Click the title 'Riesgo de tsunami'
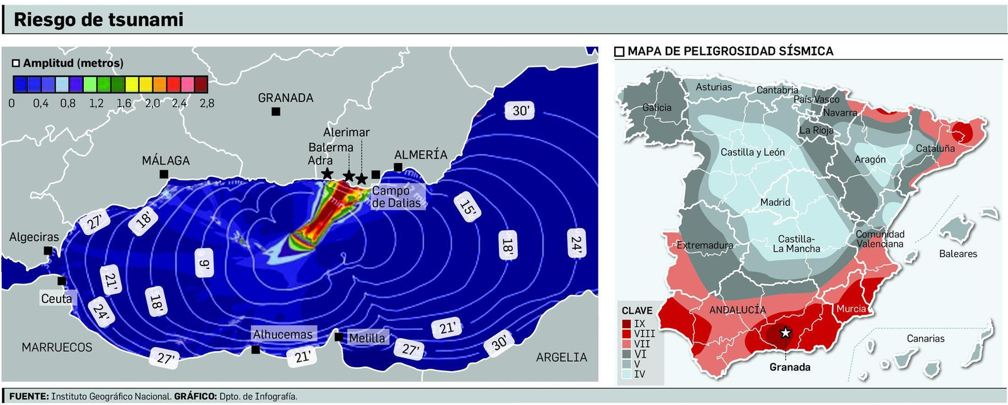point(98,20)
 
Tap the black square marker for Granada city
point(276,111)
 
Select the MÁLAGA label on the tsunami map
point(166,161)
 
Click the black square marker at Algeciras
point(48,251)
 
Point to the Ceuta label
point(57,299)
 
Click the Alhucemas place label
point(283,334)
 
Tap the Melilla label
point(367,338)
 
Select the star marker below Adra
point(327,173)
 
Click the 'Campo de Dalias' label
point(396,197)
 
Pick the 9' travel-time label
point(204,263)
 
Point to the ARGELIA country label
point(561,357)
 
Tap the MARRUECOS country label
point(57,347)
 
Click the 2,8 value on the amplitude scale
point(207,103)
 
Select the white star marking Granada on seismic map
point(785,333)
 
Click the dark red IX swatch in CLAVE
point(626,324)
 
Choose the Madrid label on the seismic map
point(775,202)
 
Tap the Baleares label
point(958,254)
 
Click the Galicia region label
point(656,108)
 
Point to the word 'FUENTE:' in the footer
point(28,396)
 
